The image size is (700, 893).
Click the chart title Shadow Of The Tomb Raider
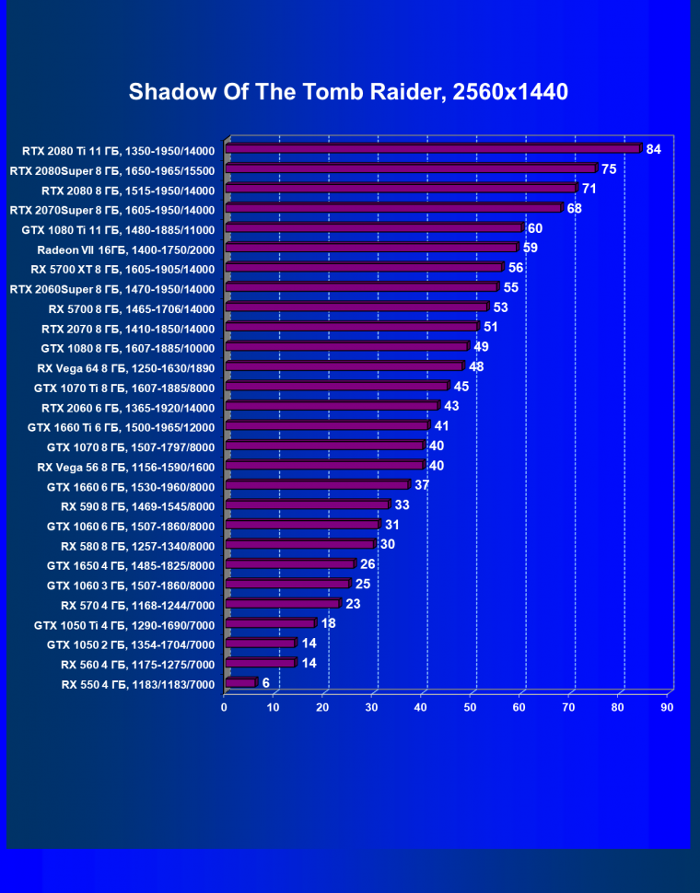pyautogui.click(x=348, y=92)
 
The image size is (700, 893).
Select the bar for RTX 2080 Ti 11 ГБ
pyautogui.click(x=432, y=148)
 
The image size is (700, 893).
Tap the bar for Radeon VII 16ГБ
pyautogui.click(x=370, y=248)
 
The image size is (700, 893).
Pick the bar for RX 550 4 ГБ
pyautogui.click(x=240, y=683)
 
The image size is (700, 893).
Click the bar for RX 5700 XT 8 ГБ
pyautogui.click(x=363, y=268)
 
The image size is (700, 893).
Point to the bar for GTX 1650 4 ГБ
pyautogui.click(x=289, y=564)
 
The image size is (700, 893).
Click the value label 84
pyautogui.click(x=654, y=149)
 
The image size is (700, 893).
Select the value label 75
pyautogui.click(x=609, y=168)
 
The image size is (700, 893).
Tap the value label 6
pyautogui.click(x=266, y=683)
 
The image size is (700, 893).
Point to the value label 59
pyautogui.click(x=530, y=248)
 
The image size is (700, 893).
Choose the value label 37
pyautogui.click(x=422, y=485)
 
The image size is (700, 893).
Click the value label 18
pyautogui.click(x=329, y=623)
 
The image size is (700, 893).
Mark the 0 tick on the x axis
pyautogui.click(x=224, y=707)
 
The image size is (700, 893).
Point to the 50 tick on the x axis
pyautogui.click(x=470, y=707)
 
